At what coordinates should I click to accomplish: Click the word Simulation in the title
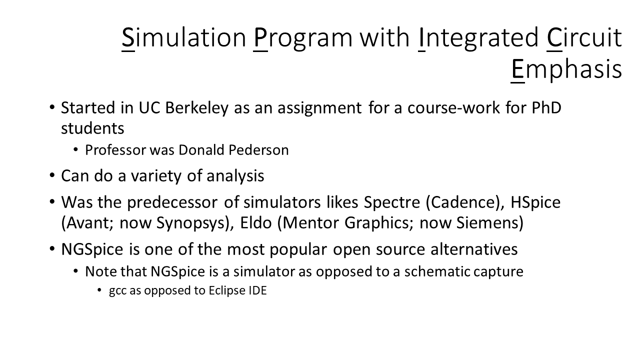(183, 37)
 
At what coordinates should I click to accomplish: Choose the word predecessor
(172, 203)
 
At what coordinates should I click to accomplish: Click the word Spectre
(391, 203)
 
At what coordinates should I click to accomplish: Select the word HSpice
(535, 203)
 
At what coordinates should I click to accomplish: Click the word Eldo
(255, 222)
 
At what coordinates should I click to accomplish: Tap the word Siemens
(489, 222)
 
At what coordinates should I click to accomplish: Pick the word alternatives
(474, 249)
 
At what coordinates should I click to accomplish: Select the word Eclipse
(227, 291)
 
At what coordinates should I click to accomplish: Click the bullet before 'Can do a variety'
(52, 175)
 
